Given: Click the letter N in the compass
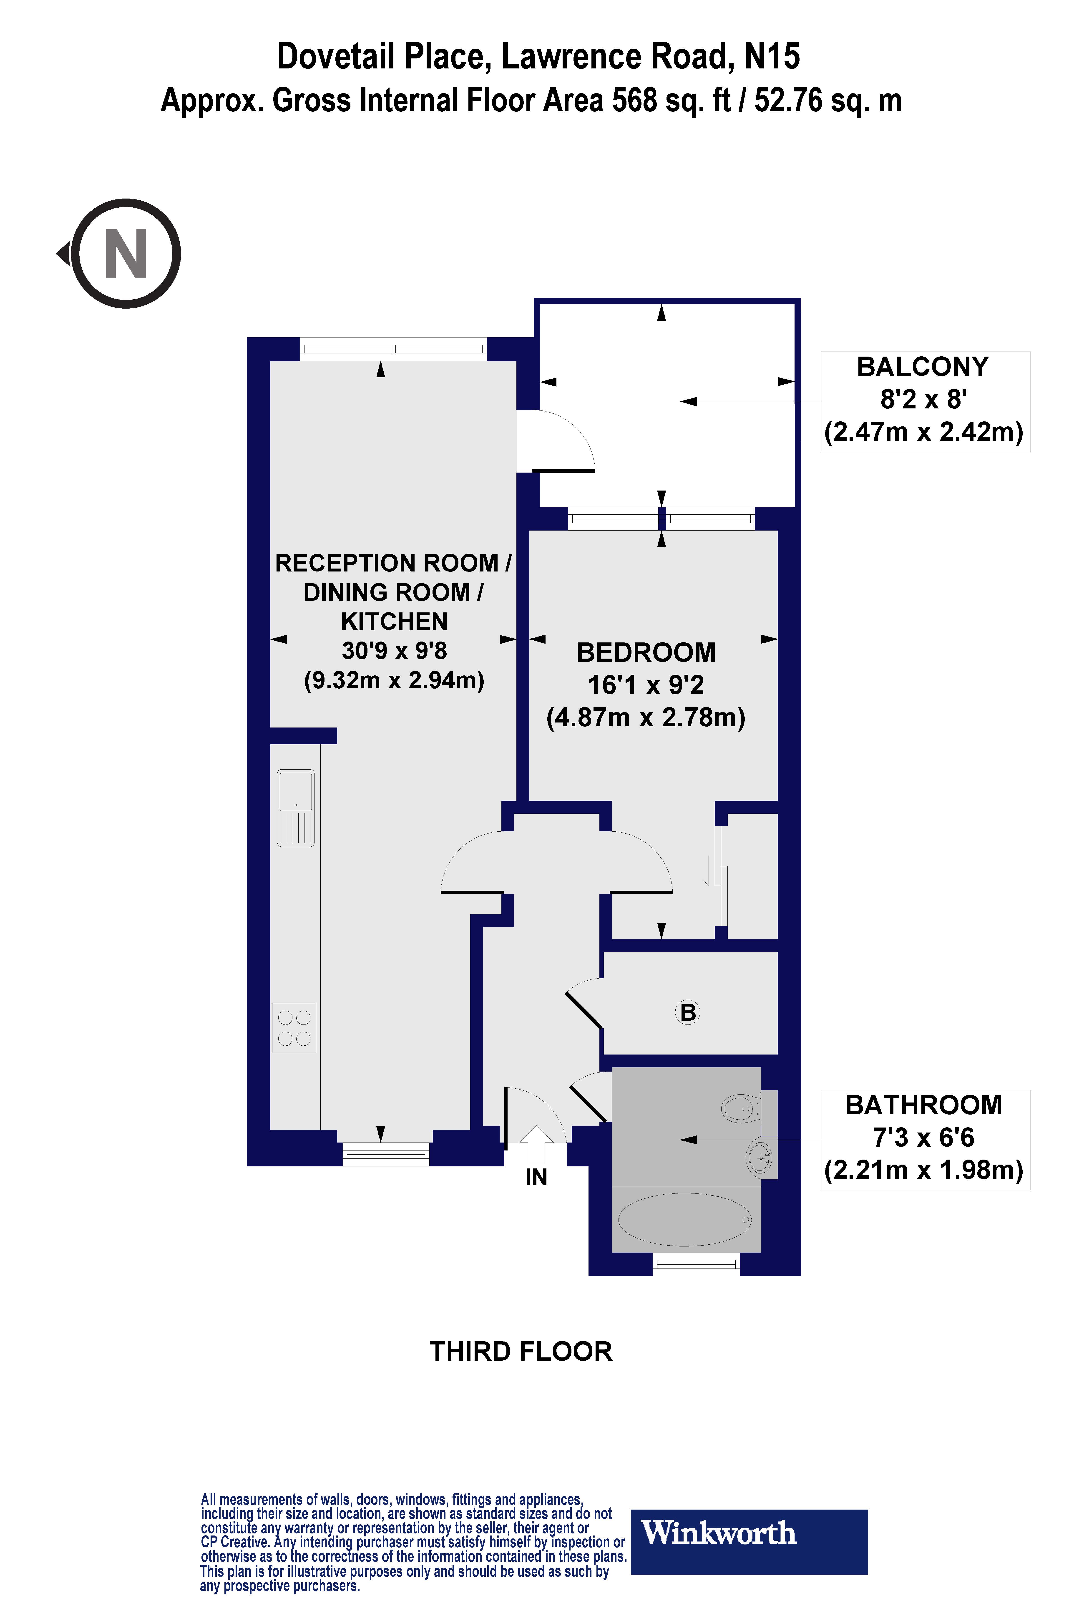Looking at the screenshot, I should click(126, 254).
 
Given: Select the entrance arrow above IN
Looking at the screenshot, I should click(536, 1145).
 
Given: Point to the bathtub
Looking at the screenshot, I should click(685, 1220).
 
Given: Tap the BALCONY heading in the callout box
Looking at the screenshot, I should click(923, 367).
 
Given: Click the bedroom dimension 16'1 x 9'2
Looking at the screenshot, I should click(646, 685).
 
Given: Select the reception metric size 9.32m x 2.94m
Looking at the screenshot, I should click(394, 680).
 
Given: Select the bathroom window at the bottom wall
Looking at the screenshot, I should click(696, 1264).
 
